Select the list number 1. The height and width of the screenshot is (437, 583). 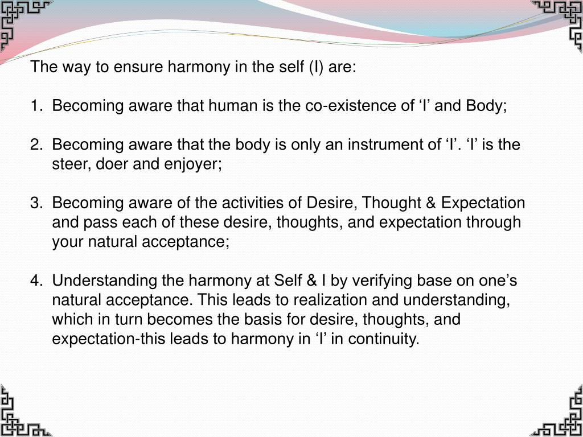pos(36,106)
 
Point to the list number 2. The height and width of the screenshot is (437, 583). pos(36,145)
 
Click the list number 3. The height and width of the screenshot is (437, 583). pos(36,203)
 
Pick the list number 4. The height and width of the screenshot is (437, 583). pos(36,281)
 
